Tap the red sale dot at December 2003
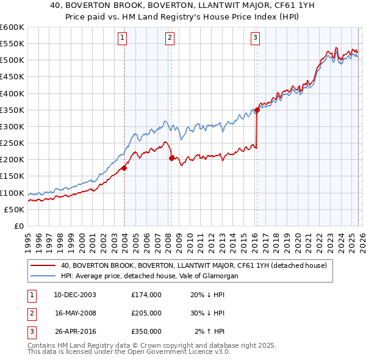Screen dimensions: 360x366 pyautogui.click(x=124, y=168)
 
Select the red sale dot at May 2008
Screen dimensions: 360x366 pyautogui.click(x=171, y=158)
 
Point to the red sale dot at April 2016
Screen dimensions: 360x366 pyautogui.click(x=257, y=110)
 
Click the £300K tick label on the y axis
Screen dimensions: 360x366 pyautogui.click(x=12, y=126)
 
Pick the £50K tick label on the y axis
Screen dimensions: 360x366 pyautogui.click(x=14, y=209)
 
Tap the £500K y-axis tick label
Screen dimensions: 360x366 pyautogui.click(x=12, y=60)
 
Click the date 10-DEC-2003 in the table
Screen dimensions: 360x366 pyautogui.click(x=75, y=294)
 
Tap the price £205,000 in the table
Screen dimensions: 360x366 pyautogui.click(x=146, y=312)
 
